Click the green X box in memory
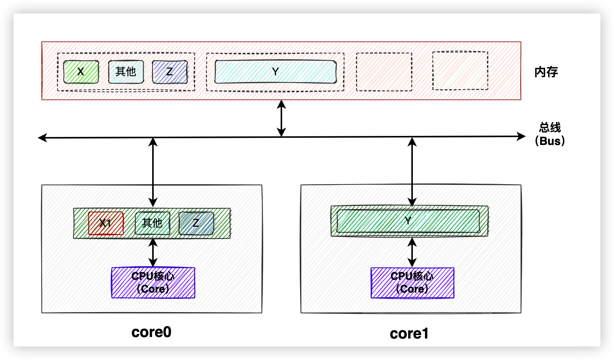81,72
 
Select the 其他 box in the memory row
126,72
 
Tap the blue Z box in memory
170,72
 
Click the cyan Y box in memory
275,72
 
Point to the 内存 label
546,72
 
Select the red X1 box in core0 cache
106,223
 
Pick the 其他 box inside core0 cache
152,223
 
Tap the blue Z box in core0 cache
196,223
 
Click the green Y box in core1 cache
408,221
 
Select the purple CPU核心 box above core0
153,283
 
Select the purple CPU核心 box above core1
412,283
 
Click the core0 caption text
151,332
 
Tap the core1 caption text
409,334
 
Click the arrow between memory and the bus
281,118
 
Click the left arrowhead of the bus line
42,137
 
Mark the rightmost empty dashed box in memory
460,71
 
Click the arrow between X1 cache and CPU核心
153,253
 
